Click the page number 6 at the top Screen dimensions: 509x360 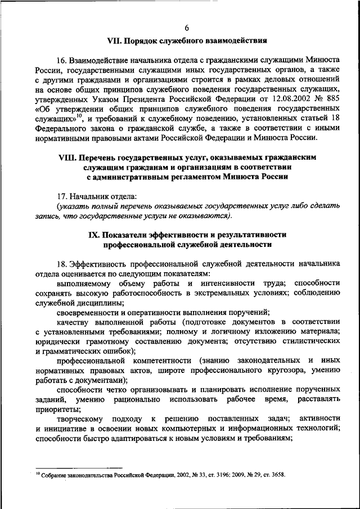click(x=186, y=29)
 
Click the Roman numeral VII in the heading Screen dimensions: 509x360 click(x=115, y=41)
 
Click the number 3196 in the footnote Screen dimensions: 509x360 click(x=204, y=475)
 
